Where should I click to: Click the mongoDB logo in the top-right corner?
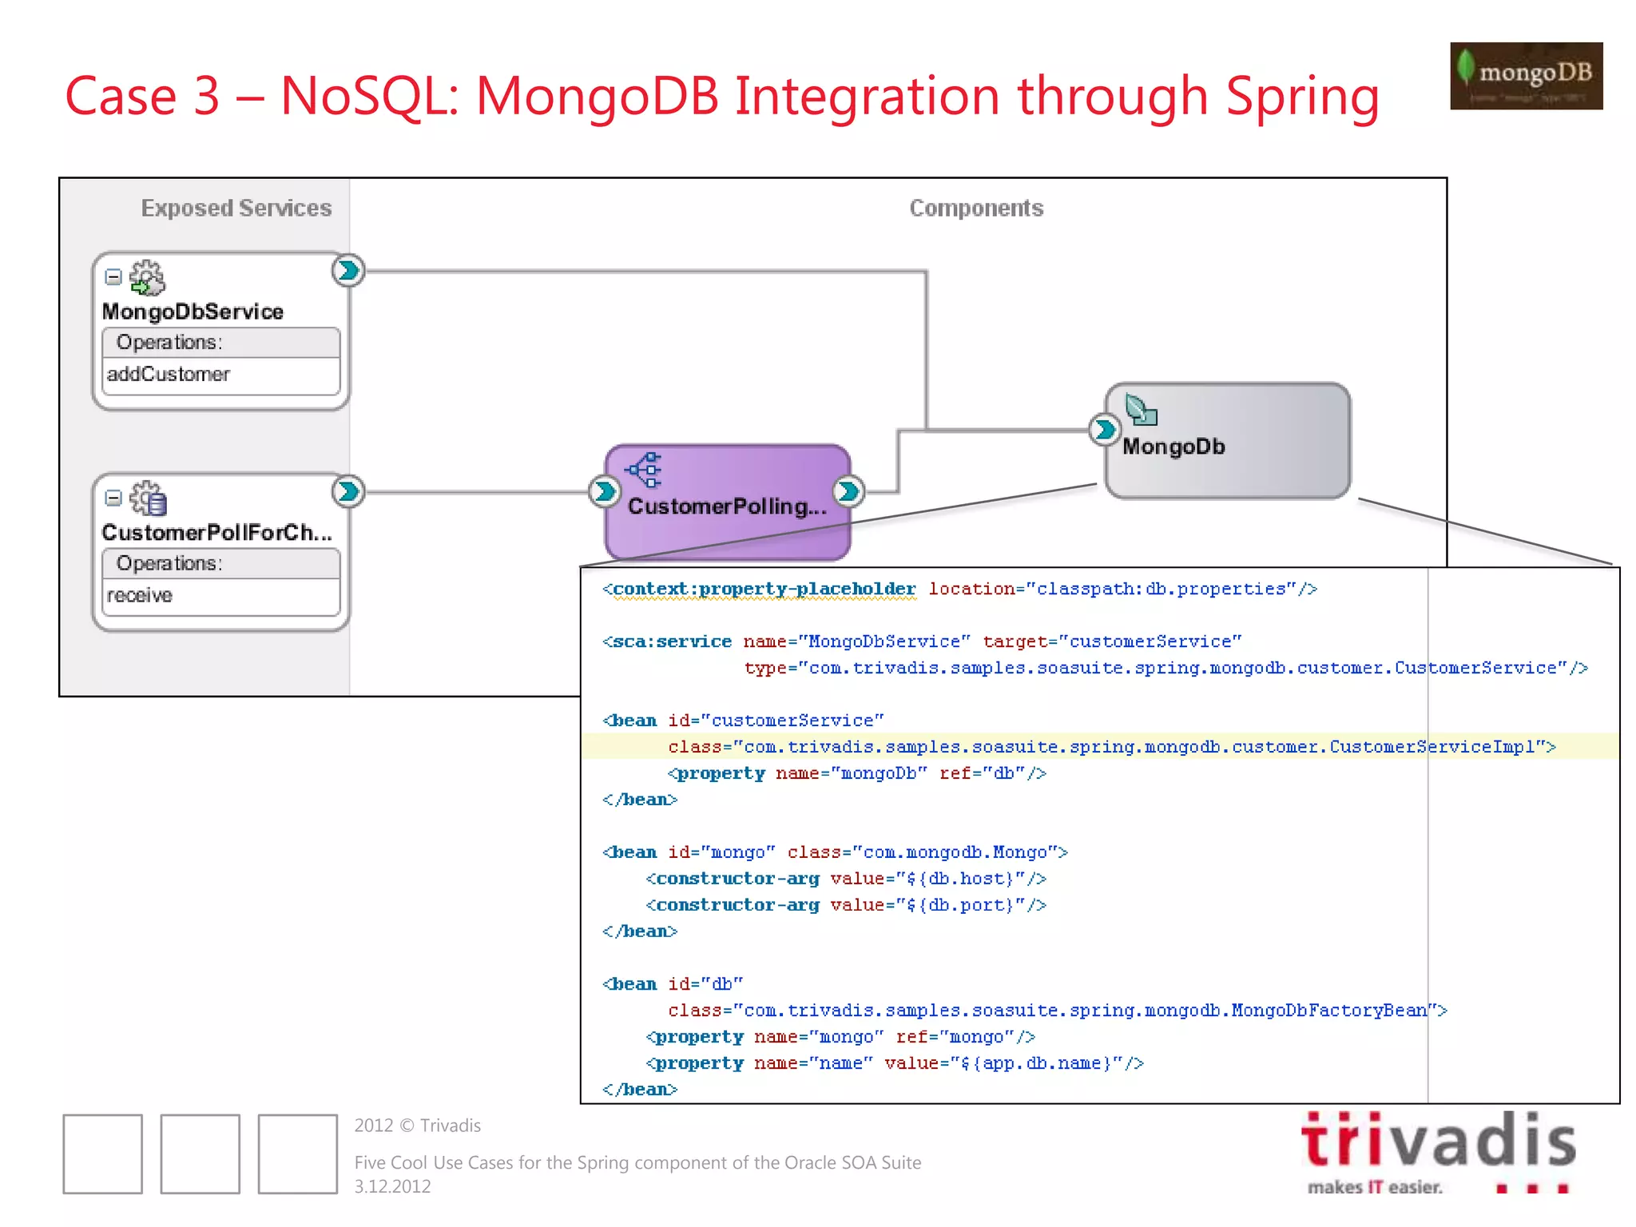pyautogui.click(x=1526, y=76)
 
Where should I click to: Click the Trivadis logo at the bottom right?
pyautogui.click(x=1438, y=1150)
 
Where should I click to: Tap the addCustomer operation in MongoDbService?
pyautogui.click(x=169, y=375)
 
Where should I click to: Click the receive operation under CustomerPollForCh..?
pyautogui.click(x=140, y=596)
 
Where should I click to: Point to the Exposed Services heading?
pyautogui.click(x=236, y=208)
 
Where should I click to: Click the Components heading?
pyautogui.click(x=976, y=208)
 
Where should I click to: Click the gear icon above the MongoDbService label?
pyautogui.click(x=147, y=277)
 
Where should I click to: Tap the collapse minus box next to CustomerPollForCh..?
pyautogui.click(x=113, y=498)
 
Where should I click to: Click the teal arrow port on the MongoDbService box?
pyautogui.click(x=348, y=271)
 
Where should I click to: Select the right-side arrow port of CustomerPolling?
pyautogui.click(x=848, y=491)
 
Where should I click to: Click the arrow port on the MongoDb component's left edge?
pyautogui.click(x=1104, y=430)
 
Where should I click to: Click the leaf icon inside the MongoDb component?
pyautogui.click(x=1141, y=410)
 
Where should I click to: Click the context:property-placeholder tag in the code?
pyautogui.click(x=764, y=590)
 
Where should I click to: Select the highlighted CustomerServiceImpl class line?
pyautogui.click(x=1110, y=747)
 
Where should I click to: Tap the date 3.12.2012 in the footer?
pyautogui.click(x=392, y=1187)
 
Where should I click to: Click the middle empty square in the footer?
pyautogui.click(x=200, y=1154)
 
